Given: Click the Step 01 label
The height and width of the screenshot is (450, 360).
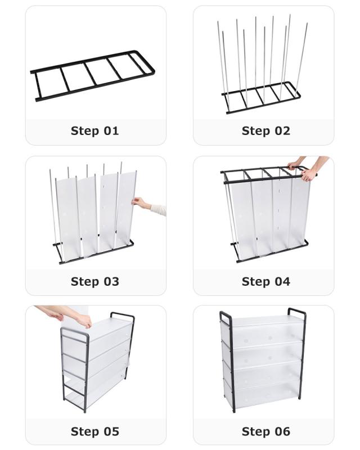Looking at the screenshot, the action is click(x=94, y=131).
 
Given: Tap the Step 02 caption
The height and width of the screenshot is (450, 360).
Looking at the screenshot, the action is click(x=266, y=131).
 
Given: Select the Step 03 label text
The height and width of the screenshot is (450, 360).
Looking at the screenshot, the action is click(x=94, y=282).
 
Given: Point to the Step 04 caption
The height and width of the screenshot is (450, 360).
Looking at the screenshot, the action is click(x=266, y=282).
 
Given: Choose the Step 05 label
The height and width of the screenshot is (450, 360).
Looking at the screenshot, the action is click(x=94, y=431).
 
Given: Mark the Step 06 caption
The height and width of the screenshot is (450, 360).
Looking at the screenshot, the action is click(x=266, y=431).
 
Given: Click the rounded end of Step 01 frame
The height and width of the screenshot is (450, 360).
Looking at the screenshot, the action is click(x=148, y=61).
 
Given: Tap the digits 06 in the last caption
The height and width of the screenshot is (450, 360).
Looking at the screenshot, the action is click(x=282, y=431).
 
